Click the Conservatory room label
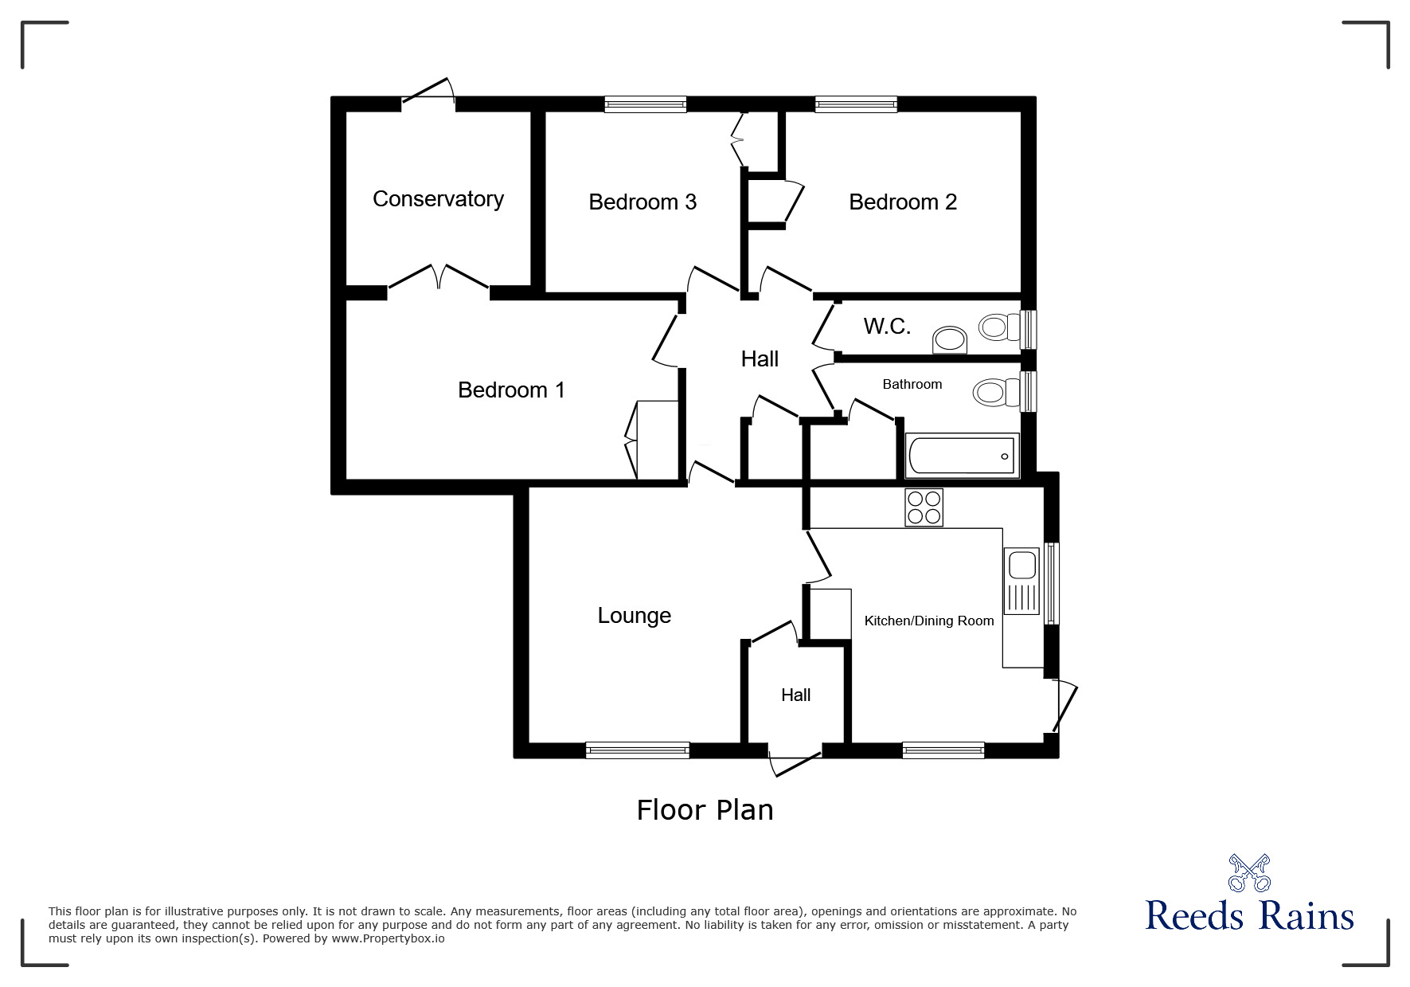pyautogui.click(x=438, y=198)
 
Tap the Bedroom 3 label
pyautogui.click(x=643, y=202)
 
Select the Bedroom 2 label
pyautogui.click(x=903, y=202)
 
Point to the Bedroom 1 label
pyautogui.click(x=511, y=390)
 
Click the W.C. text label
pyautogui.click(x=887, y=326)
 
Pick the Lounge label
pyautogui.click(x=635, y=615)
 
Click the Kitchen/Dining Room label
pyautogui.click(x=929, y=621)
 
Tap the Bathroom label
pyautogui.click(x=912, y=384)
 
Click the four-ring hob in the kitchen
pyautogui.click(x=924, y=507)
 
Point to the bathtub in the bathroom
pyautogui.click(x=963, y=456)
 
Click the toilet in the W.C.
pyautogui.click(x=999, y=326)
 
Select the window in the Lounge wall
pyautogui.click(x=637, y=750)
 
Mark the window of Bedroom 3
pyautogui.click(x=645, y=104)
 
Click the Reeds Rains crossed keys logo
pyautogui.click(x=1249, y=873)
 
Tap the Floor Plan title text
pyautogui.click(x=705, y=810)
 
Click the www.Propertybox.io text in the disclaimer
pyautogui.click(x=389, y=938)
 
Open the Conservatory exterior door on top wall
pyautogui.click(x=428, y=92)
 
